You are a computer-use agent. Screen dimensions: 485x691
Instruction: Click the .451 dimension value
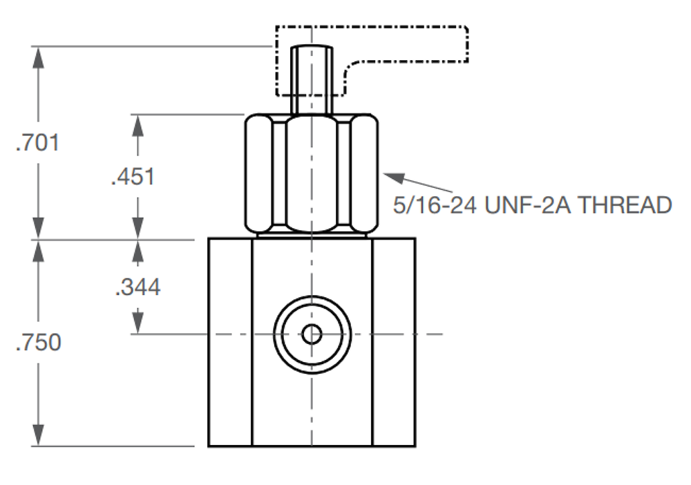(x=133, y=176)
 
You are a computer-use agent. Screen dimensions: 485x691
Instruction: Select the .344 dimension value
(x=138, y=286)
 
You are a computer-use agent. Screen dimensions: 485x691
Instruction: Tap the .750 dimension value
(x=39, y=342)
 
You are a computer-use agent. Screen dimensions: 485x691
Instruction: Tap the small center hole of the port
(x=312, y=334)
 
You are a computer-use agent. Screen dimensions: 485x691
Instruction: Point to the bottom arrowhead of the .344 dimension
(x=138, y=324)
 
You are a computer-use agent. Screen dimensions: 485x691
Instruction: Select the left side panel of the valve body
(x=231, y=342)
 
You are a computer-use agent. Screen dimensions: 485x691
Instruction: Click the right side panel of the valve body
(x=394, y=342)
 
